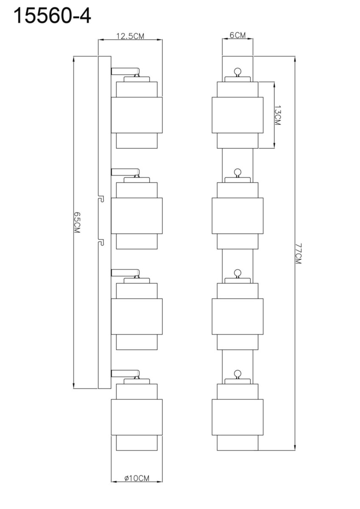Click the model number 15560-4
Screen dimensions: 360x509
[52, 15]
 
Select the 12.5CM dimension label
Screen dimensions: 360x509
[130, 36]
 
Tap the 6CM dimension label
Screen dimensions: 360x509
[237, 35]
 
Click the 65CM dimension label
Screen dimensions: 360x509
[77, 222]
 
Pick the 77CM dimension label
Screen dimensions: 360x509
[299, 253]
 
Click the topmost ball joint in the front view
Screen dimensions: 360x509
[237, 71]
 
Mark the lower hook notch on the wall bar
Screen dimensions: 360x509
[101, 242]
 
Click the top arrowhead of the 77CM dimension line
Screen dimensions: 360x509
[295, 59]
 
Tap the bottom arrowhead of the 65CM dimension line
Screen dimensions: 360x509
[74, 386]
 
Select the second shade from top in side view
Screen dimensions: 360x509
[137, 215]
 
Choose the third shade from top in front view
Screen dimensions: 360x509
[237, 316]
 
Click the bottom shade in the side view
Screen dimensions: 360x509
[137, 417]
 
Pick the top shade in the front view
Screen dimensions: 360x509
[237, 115]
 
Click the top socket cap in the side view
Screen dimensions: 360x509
[137, 79]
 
